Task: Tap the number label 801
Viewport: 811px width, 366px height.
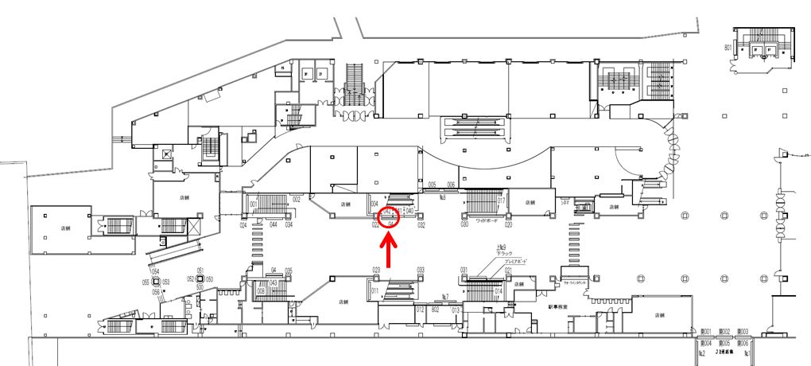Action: coord(728,49)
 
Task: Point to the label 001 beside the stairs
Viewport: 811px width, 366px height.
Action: coord(253,204)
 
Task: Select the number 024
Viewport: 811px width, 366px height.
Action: coord(243,225)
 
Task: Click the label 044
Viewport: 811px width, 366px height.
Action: coord(273,225)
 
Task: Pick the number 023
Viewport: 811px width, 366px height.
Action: coord(377,271)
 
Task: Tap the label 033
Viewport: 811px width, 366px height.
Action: coord(421,271)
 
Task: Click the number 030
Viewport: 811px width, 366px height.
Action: coord(464,225)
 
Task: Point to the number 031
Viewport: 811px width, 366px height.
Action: coord(464,271)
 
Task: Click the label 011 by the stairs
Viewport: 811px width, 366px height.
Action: coord(374,292)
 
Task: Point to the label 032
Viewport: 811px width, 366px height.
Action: coord(421,225)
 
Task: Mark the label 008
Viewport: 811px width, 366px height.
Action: coord(260,292)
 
